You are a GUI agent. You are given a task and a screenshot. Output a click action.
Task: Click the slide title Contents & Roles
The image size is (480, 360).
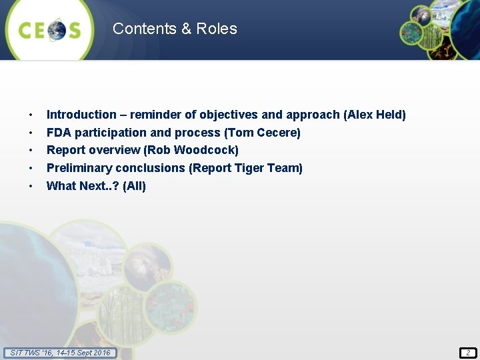point(175,29)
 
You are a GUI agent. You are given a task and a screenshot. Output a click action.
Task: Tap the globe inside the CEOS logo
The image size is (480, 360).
point(56,31)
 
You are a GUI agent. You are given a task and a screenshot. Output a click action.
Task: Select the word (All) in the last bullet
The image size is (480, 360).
point(135,186)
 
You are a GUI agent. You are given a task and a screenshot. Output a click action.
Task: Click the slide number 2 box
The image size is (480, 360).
point(467,353)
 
